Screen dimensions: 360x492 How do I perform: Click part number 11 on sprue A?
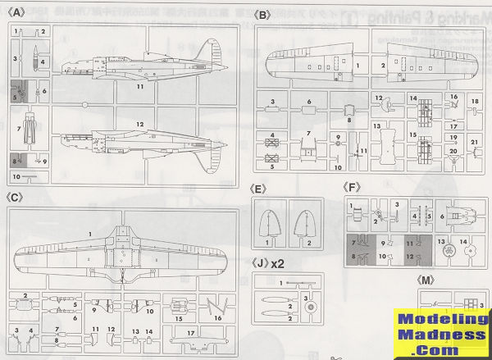coord(140,85)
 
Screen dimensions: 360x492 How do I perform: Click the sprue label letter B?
coord(262,15)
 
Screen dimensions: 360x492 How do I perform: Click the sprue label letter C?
coord(17,197)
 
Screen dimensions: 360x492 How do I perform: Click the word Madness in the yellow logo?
coord(442,335)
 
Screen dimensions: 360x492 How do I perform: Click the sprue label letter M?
coord(427,280)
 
